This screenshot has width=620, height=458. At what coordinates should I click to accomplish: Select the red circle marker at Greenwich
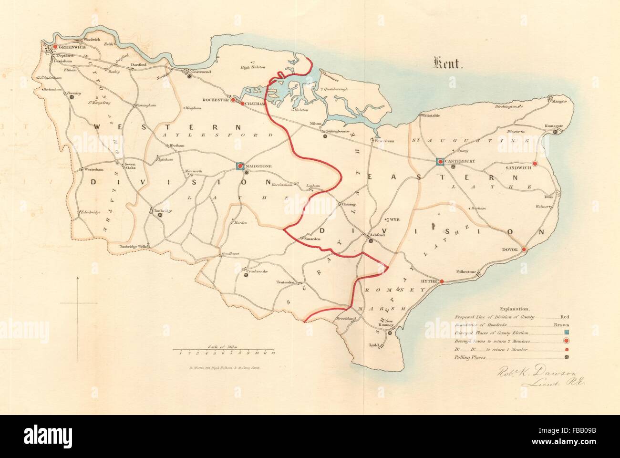tap(55, 47)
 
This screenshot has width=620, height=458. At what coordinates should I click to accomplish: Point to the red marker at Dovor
tap(523, 250)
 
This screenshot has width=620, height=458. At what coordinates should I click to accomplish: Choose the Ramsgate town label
tap(555, 126)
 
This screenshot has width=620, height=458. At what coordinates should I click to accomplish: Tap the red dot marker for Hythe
tap(442, 282)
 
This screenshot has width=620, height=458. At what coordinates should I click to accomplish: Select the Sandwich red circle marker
tap(535, 164)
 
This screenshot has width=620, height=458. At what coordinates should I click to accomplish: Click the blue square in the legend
tap(567, 333)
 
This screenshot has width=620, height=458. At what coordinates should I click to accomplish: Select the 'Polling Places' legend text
tap(470, 357)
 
